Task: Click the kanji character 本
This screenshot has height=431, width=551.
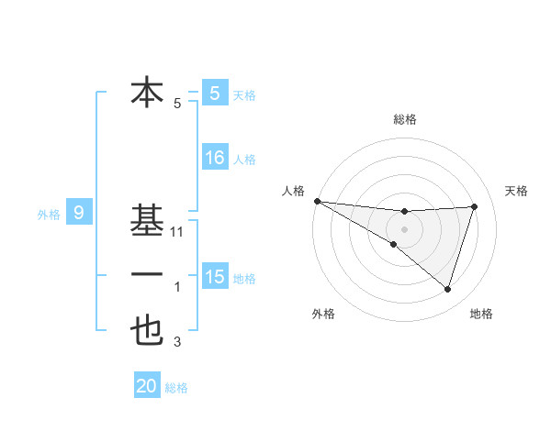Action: [x=147, y=93]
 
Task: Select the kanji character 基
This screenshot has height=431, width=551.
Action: [x=147, y=222]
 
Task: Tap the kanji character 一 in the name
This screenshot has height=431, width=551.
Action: [x=147, y=275]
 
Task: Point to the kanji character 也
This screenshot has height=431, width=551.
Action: [x=147, y=330]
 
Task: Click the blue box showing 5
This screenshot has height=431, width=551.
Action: [x=215, y=93]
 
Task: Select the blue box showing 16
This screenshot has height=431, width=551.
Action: [x=215, y=158]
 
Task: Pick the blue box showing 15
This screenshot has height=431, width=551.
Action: [x=215, y=276]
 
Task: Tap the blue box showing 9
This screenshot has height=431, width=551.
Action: [x=79, y=214]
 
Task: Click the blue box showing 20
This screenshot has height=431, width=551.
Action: [x=147, y=386]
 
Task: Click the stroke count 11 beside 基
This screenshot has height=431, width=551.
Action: [x=178, y=232]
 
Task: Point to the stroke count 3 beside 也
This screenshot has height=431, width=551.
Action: [x=177, y=343]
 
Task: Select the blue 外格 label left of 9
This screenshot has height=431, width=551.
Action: [x=49, y=215]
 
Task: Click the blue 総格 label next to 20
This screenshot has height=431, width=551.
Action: [x=176, y=388]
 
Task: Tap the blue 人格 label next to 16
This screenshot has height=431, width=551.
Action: [x=244, y=160]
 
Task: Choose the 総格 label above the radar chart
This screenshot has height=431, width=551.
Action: [x=404, y=119]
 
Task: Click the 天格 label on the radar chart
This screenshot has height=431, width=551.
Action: [x=516, y=191]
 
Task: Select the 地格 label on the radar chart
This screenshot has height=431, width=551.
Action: [x=481, y=314]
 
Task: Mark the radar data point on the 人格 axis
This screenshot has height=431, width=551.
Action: [x=317, y=201]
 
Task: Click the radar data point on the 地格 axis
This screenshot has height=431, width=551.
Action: [x=448, y=290]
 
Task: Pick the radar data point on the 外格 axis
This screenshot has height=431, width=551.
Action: [x=393, y=244]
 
